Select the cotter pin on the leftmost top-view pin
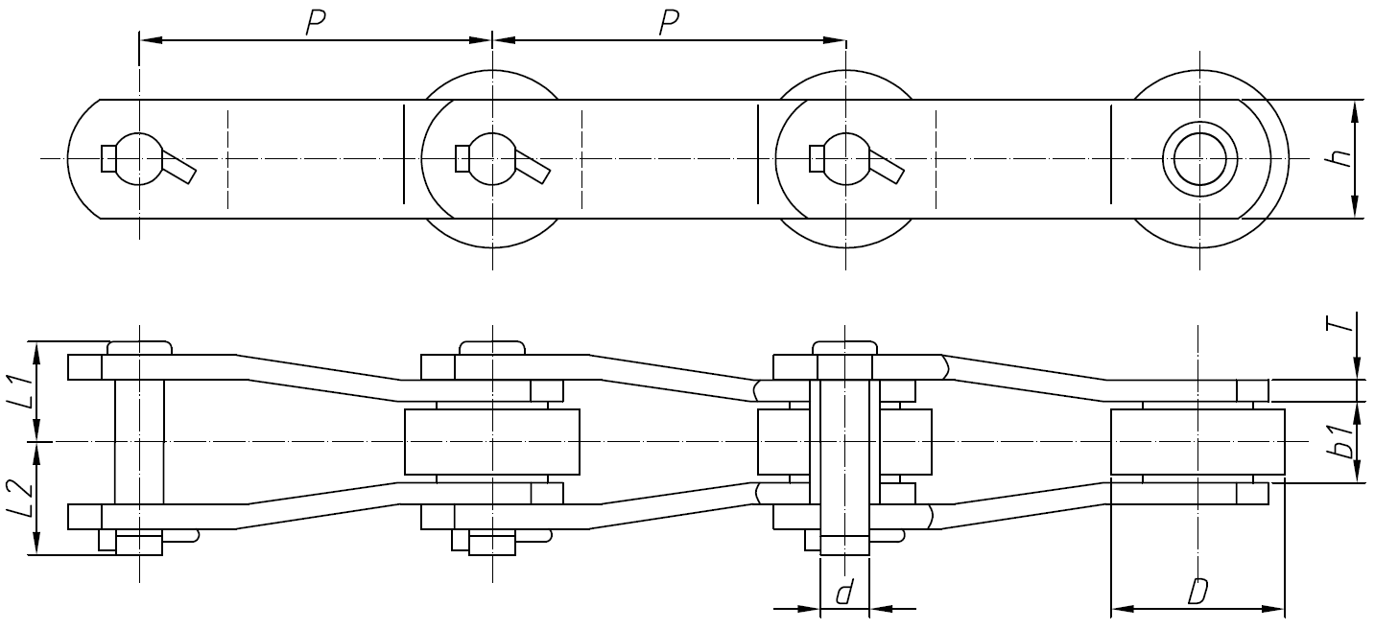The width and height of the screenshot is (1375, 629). (178, 169)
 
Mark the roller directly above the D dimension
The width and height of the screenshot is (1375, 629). (1197, 442)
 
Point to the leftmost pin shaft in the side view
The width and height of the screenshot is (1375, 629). (139, 441)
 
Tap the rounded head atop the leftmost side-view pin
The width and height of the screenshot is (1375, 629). (139, 347)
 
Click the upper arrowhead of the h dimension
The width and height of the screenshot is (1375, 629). (1354, 108)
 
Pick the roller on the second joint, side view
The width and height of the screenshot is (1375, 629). (492, 442)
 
